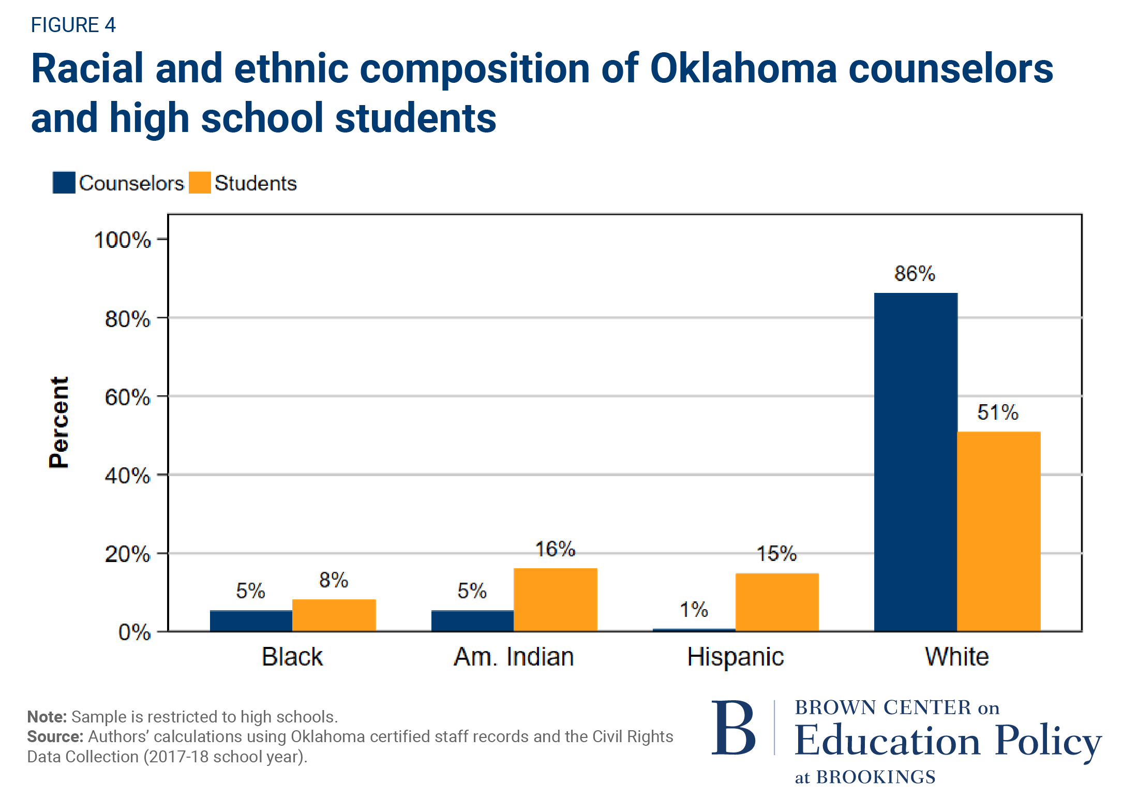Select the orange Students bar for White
click(x=998, y=531)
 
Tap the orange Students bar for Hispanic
click(x=777, y=602)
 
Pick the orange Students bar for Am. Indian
click(x=555, y=599)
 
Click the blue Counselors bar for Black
click(x=251, y=621)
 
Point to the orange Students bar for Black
click(x=334, y=615)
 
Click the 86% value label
click(x=915, y=273)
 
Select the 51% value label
click(x=997, y=412)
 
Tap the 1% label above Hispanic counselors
click(x=694, y=610)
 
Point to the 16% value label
click(x=555, y=549)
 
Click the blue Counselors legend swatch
click(x=64, y=183)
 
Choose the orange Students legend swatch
click(x=200, y=183)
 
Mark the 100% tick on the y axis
click(x=123, y=240)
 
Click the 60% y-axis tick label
click(x=127, y=397)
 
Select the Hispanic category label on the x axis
click(x=735, y=657)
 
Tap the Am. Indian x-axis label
click(x=514, y=657)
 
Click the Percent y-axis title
click(x=58, y=422)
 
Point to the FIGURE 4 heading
click(x=73, y=25)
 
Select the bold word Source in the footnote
click(x=55, y=736)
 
